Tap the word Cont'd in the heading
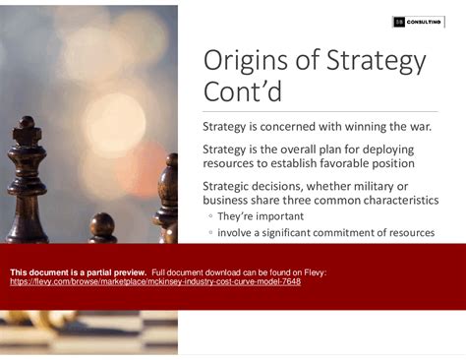pos(242,93)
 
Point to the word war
pos(444,127)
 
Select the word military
pos(385,186)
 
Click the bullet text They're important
pos(261,215)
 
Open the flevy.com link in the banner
pos(155,281)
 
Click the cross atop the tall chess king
pos(27,122)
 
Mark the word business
pos(228,200)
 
